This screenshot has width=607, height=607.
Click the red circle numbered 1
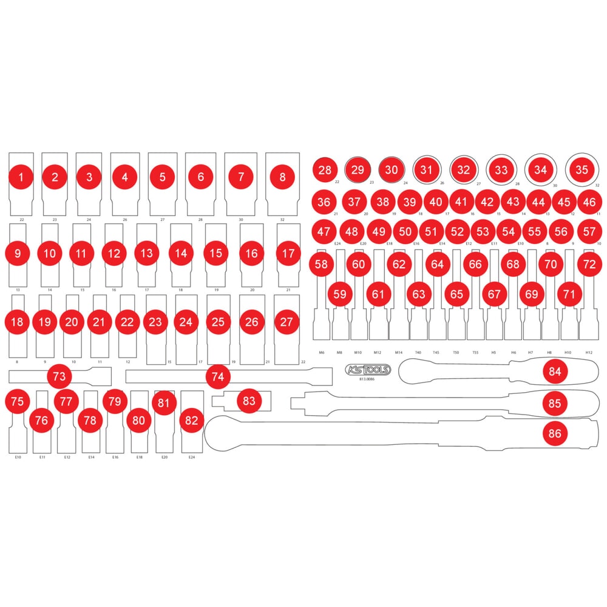coord(22,177)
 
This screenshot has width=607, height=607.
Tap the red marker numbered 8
coord(282,177)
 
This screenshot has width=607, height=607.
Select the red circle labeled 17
coord(288,253)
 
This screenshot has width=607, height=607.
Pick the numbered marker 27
coord(287,322)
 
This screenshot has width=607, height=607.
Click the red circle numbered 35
coord(582,169)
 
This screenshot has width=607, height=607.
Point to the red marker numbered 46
coord(588,202)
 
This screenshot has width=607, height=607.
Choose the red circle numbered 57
coord(589,231)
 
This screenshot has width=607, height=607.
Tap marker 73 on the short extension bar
coord(59,376)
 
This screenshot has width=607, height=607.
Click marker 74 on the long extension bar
coord(218,376)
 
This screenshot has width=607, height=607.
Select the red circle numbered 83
coord(249,401)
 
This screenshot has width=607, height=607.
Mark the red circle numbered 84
coord(555,371)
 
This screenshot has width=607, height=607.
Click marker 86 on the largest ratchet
coord(555,433)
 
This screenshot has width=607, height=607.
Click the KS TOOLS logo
coord(368,370)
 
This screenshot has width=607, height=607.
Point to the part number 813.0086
coord(368,379)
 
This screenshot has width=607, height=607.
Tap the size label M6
coord(322,352)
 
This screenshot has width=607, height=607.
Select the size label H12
coord(589,352)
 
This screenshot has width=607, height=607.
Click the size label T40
coord(418,352)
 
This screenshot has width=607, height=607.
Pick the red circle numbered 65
coord(456,294)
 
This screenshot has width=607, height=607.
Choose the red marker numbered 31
coord(427,169)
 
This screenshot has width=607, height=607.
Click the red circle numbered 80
coord(139,419)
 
